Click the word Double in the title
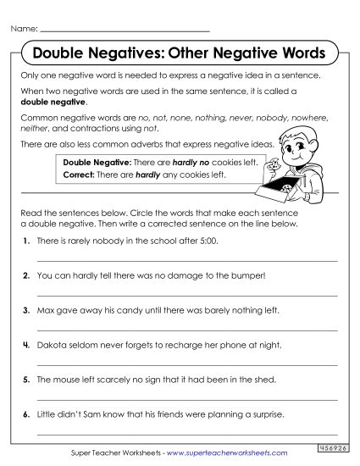coord(56,53)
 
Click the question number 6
coord(28,415)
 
